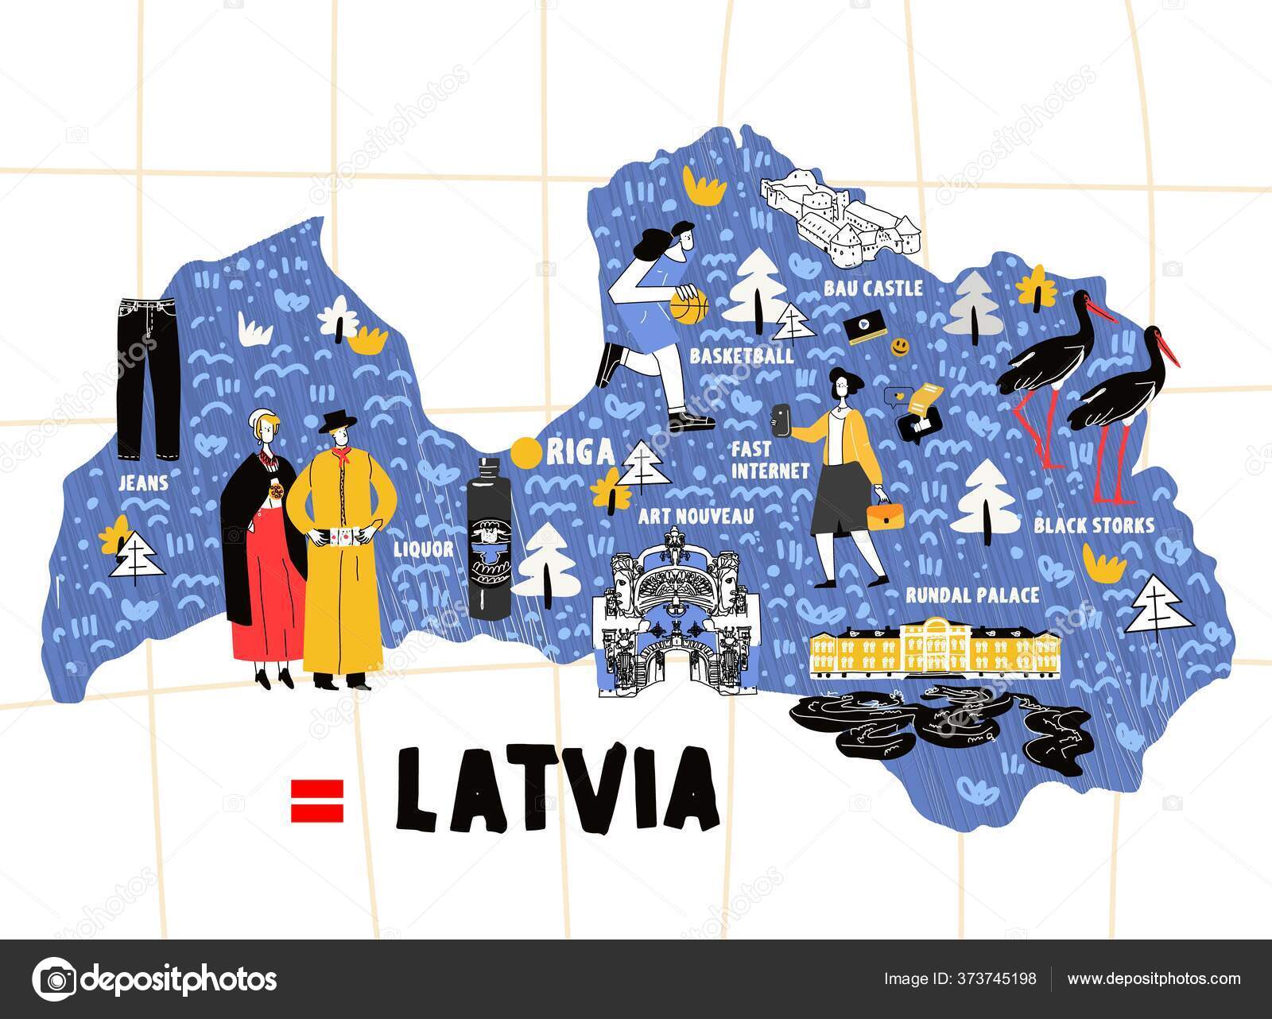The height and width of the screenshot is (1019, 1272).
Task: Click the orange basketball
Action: point(688,306)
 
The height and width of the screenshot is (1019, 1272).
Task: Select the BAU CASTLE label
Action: point(873,288)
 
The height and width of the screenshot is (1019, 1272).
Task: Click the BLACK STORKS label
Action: point(1094,525)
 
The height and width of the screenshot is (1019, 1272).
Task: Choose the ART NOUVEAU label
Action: point(696,517)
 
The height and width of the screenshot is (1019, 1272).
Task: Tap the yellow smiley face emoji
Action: point(899,347)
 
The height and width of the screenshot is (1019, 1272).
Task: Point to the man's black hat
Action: point(335,422)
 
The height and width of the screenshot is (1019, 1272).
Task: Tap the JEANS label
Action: point(142,482)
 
